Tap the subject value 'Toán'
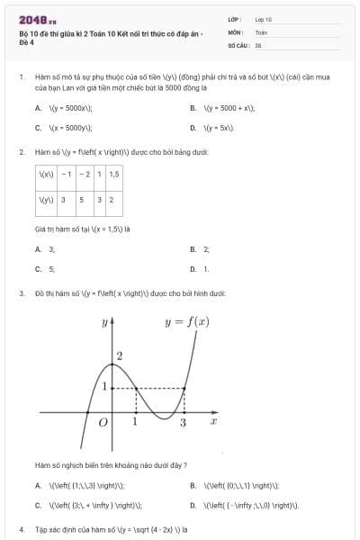tap(261, 31)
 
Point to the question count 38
tap(258, 44)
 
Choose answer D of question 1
tap(216, 128)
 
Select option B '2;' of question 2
tap(206, 248)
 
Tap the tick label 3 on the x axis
tap(184, 422)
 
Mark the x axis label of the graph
tap(213, 420)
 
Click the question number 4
tap(22, 530)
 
